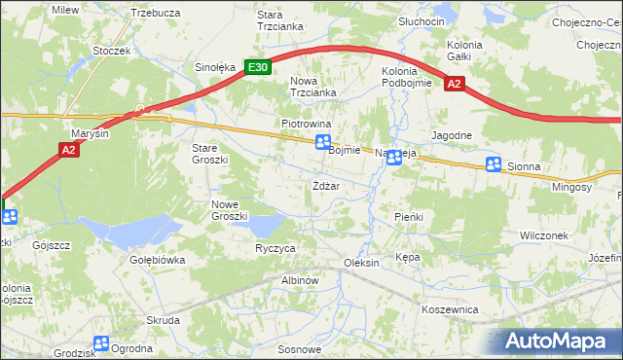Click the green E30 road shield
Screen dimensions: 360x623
(257, 67)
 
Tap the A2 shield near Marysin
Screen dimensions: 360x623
(68, 149)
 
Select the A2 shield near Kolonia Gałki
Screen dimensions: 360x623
(454, 85)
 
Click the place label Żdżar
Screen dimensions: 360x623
(326, 186)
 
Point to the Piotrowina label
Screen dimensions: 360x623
(307, 125)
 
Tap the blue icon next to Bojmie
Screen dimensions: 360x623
(322, 144)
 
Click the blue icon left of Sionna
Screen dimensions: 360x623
(494, 165)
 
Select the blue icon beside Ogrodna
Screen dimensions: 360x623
(101, 342)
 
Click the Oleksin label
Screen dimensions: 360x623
(360, 264)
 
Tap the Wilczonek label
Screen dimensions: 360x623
(544, 235)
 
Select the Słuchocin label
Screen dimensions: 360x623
(421, 21)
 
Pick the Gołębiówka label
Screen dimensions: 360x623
(157, 261)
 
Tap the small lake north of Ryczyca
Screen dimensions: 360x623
(262, 227)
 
